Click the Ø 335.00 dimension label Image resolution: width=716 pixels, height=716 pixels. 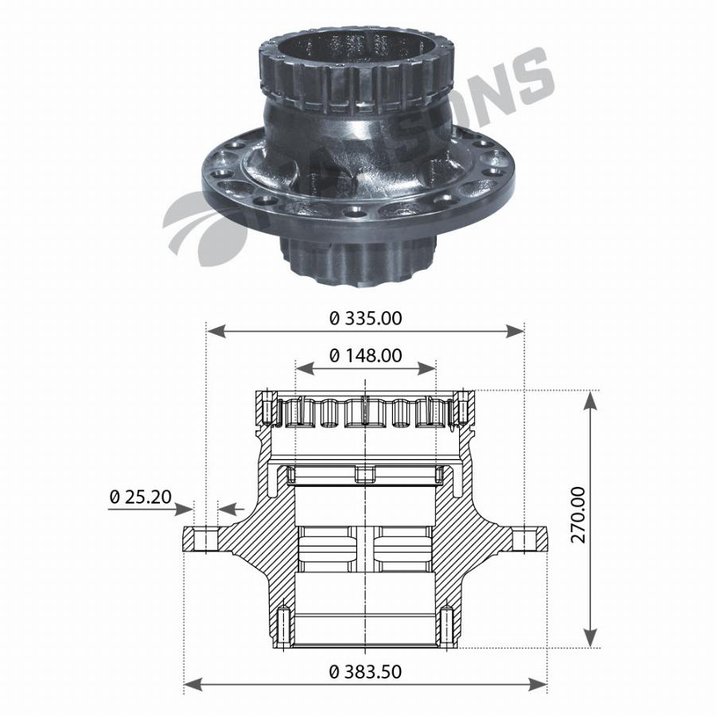pos(365,318)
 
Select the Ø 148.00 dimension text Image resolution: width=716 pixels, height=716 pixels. pos(365,356)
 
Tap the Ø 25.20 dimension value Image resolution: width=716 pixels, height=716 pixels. pos(140,496)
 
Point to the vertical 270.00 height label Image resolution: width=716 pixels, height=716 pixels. pos(578,515)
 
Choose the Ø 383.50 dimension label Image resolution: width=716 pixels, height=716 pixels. pos(365,671)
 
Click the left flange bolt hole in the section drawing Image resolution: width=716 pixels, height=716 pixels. pos(205,540)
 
